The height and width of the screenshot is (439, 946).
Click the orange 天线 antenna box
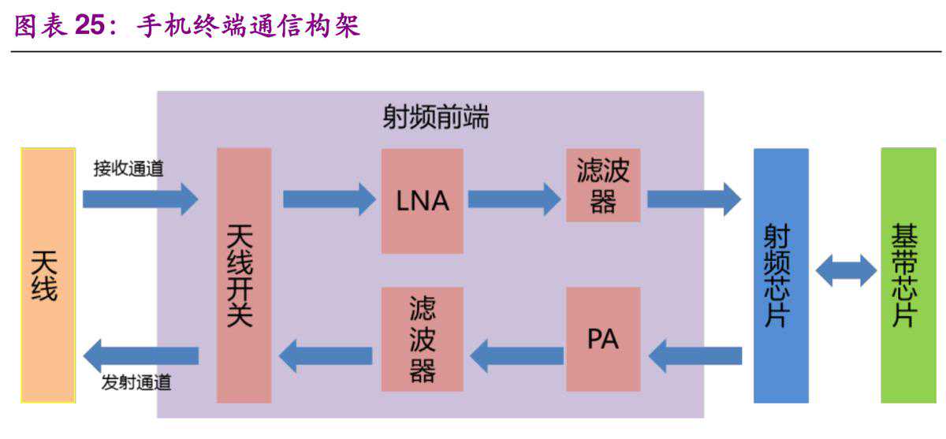pos(48,275)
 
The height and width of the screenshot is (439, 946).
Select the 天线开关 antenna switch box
pos(244,275)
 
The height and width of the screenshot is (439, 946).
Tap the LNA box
pos(422,201)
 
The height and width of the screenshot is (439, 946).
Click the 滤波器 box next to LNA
pos(603,185)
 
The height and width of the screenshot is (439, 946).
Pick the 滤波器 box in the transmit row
pos(422,339)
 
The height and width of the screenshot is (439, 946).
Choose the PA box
pos(603,339)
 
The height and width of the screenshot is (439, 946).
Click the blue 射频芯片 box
pos(780,275)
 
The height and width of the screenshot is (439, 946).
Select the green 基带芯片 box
pos(908,275)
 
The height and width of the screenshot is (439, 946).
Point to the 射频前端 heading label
pos(435,117)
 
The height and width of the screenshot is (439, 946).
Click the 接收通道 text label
pos(128,168)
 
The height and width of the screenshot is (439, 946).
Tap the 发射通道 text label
pos(136,384)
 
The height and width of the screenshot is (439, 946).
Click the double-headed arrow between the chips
pos(845,270)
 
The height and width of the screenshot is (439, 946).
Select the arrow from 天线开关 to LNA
pos(328,199)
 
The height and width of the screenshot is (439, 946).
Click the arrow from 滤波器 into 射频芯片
pos(693,199)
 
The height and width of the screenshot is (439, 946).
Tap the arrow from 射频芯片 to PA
pos(695,355)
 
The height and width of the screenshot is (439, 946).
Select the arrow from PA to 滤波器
pos(516,355)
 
